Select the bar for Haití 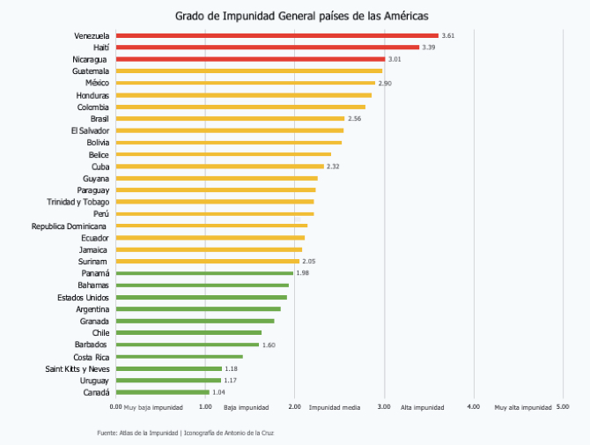pos(267,48)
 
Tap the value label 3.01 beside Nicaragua pos(395,59)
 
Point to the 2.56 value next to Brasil pos(355,118)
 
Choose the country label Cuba pos(100,166)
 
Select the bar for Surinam pos(207,261)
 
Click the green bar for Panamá pos(203,273)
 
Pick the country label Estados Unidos pos(83,297)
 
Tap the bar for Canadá pos(162,392)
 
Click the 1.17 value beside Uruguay pos(228,381)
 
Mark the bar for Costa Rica pos(179,357)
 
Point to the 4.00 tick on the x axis pos(473,407)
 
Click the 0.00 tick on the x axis pos(116,407)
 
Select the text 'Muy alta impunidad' pos(523,408)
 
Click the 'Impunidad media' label pos(335,408)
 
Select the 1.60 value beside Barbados pos(269,345)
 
